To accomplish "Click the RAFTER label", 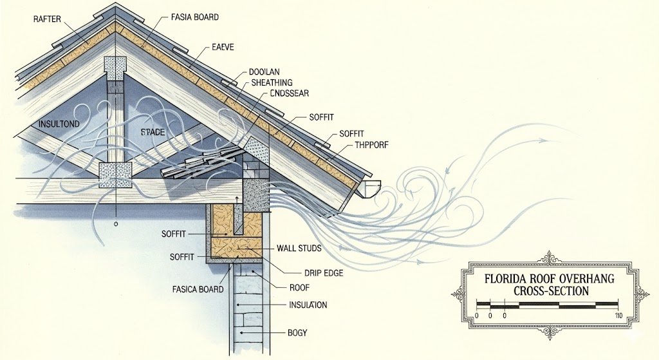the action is tap(47, 19).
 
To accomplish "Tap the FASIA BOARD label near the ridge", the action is tap(194, 17).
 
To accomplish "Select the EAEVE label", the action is tap(222, 48).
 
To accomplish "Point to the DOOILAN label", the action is tap(264, 72).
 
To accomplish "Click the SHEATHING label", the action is tap(272, 83).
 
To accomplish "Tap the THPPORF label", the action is tap(371, 145).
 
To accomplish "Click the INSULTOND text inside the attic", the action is tap(59, 124).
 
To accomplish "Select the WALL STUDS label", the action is tap(299, 248).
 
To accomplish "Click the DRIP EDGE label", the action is tap(323, 273).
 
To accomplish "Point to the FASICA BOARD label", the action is tap(198, 289).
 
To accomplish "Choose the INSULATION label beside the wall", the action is tap(308, 305).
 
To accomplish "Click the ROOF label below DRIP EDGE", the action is tap(299, 288).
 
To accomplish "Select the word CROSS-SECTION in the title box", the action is tap(551, 290).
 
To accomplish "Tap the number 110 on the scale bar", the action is tap(618, 316).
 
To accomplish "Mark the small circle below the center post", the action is tap(116, 224).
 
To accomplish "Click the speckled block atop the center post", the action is tap(115, 68).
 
